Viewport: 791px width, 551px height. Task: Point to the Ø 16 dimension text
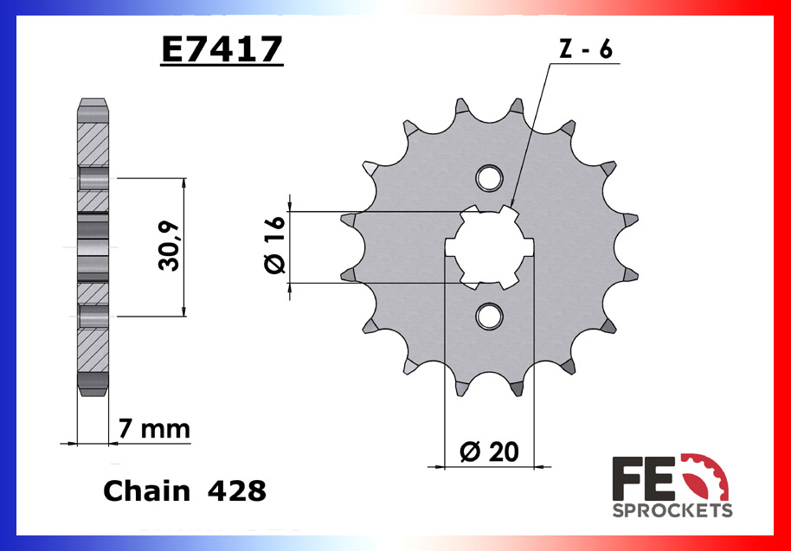click(x=273, y=247)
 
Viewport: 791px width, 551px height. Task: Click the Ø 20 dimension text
click(x=490, y=452)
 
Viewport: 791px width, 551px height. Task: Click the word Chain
click(x=146, y=491)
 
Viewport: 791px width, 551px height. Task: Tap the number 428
click(x=237, y=491)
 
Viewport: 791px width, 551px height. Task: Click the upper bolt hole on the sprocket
click(x=489, y=178)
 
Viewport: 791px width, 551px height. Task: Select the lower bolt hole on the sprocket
click(x=489, y=315)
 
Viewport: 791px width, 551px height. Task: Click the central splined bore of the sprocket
click(x=489, y=247)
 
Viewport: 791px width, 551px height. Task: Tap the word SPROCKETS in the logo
click(x=672, y=510)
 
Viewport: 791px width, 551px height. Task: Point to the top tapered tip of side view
click(x=93, y=108)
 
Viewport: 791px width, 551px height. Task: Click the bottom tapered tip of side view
click(x=93, y=388)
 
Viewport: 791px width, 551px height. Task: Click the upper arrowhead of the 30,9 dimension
click(x=183, y=183)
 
